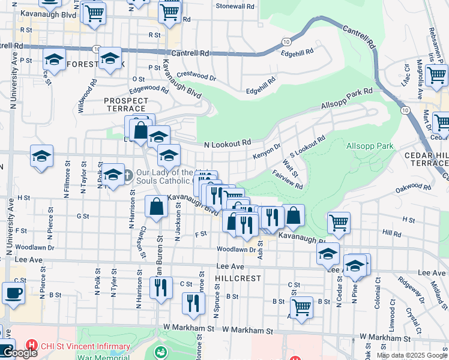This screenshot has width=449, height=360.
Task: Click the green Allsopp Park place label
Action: point(370,146)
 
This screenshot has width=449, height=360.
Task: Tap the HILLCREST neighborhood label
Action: point(239,278)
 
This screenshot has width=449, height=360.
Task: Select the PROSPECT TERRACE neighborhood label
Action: point(125,104)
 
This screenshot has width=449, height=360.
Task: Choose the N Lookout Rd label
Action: point(227,144)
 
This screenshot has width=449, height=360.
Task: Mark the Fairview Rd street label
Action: point(287,178)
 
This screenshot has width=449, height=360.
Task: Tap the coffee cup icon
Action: point(13,294)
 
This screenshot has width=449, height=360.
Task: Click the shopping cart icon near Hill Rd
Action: point(339,223)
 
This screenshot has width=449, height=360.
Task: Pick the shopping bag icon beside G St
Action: point(156,207)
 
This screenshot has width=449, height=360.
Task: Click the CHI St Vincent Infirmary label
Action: point(85,346)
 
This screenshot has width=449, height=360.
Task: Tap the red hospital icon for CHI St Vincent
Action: point(31,346)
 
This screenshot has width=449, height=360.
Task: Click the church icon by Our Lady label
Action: point(127,176)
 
